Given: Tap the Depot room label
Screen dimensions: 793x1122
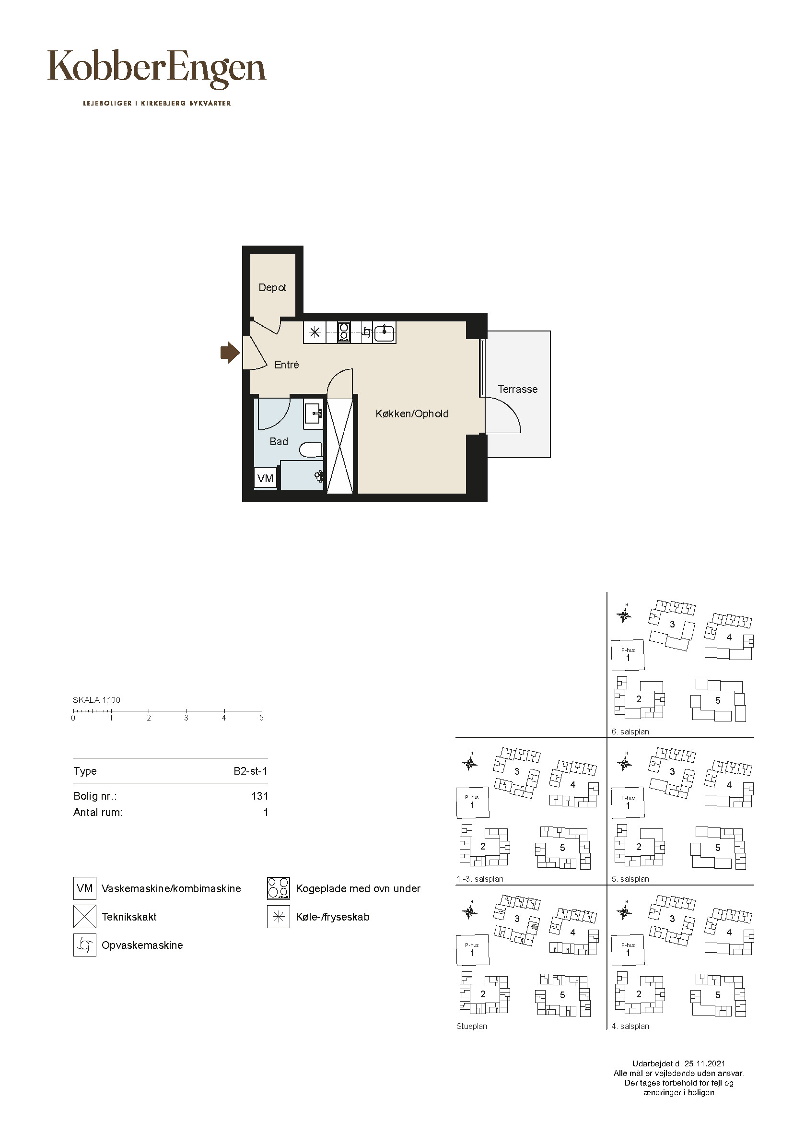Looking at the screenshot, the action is click(x=272, y=288).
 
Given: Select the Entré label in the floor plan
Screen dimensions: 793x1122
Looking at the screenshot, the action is click(x=287, y=365).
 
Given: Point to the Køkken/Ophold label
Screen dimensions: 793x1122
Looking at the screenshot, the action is click(x=412, y=414).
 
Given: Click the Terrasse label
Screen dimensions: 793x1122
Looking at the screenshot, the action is click(x=518, y=390).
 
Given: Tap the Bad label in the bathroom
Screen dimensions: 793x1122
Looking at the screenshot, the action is click(x=279, y=442).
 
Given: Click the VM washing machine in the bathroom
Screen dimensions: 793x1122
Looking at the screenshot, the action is click(x=265, y=478).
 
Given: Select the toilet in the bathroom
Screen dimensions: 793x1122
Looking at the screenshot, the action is click(x=311, y=450).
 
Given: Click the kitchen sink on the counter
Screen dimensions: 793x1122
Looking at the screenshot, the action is click(x=385, y=332).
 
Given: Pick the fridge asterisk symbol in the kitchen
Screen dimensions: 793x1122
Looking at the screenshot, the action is click(x=315, y=333).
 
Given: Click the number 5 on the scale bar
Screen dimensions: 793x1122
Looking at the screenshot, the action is click(x=261, y=718).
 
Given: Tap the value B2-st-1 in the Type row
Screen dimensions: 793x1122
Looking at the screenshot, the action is click(x=250, y=771).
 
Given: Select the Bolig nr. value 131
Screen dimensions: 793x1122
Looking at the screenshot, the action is click(x=260, y=796).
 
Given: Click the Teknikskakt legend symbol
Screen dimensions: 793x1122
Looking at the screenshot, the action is click(x=85, y=916).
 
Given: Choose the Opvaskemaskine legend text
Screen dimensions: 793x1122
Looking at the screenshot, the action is click(x=142, y=945).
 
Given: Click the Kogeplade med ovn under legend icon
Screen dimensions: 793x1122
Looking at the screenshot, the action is click(x=279, y=888).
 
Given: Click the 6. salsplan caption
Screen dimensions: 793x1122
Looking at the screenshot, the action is click(x=630, y=732).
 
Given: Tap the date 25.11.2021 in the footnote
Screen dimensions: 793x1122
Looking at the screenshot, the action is click(x=705, y=1063).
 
